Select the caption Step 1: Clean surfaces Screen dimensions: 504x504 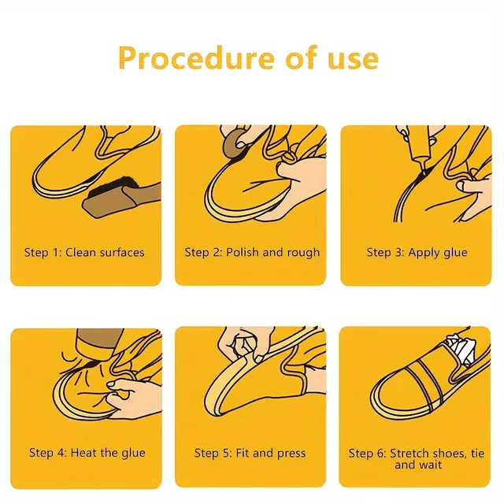coord(84,253)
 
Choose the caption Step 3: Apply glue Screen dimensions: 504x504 coord(417,253)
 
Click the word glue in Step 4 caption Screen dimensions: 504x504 coord(131,454)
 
